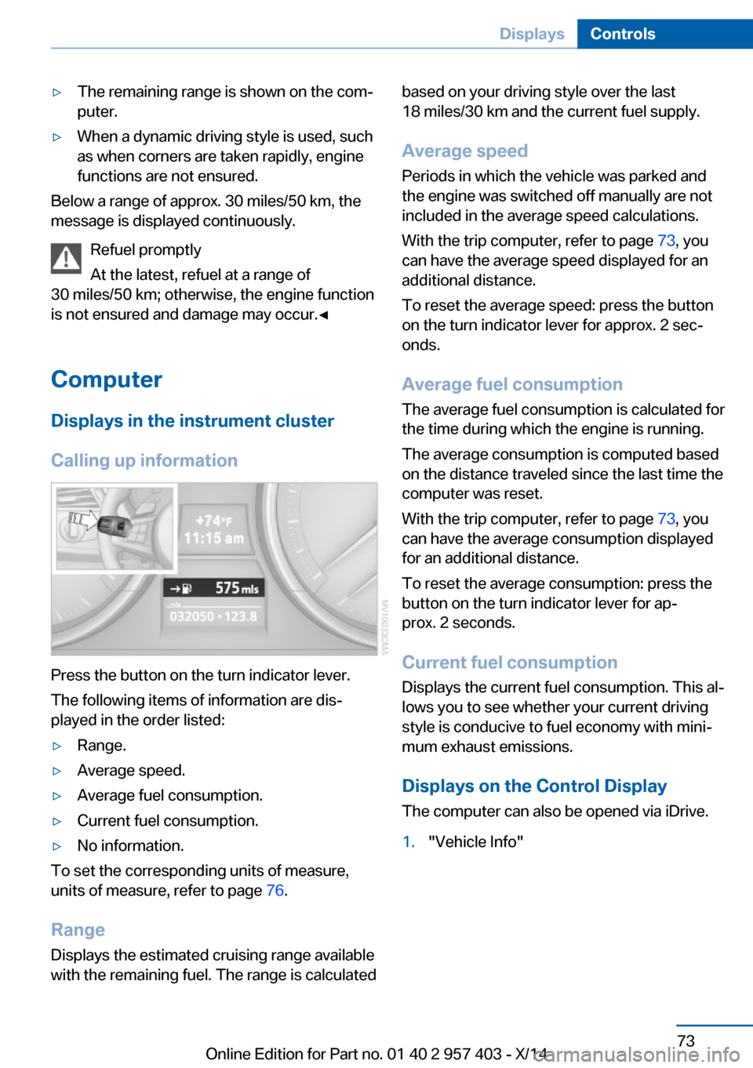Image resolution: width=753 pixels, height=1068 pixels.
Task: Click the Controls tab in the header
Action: tap(622, 34)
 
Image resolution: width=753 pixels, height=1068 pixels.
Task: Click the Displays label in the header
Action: tap(532, 34)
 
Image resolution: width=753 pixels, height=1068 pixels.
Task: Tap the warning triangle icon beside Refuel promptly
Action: tap(67, 258)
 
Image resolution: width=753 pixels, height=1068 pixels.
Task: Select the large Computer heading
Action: tap(107, 380)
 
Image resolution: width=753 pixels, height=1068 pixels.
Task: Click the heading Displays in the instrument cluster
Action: tap(192, 421)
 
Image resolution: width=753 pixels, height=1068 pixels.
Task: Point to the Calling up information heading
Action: tap(144, 460)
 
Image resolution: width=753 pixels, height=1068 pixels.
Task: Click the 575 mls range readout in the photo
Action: tap(236, 588)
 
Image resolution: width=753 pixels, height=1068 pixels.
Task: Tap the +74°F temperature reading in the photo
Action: tap(213, 521)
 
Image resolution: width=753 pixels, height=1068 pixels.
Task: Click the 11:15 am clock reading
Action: tap(213, 539)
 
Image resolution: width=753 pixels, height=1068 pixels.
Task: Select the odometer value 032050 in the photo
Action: tap(191, 616)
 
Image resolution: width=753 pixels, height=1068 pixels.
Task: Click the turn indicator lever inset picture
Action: tap(115, 527)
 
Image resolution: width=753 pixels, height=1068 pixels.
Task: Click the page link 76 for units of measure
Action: tap(275, 891)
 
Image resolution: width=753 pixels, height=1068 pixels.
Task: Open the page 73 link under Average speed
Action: tap(666, 241)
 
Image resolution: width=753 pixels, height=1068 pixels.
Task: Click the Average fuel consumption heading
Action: tap(512, 384)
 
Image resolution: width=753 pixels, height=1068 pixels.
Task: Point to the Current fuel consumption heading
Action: tap(509, 663)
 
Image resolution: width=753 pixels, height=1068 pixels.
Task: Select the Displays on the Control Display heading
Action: tap(534, 786)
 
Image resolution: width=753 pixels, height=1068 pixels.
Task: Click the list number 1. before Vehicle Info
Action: tap(408, 842)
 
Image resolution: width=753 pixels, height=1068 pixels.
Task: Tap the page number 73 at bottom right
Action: tap(686, 1041)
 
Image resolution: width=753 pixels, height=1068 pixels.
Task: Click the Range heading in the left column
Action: tap(78, 930)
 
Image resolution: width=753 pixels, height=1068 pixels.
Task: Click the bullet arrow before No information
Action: tap(56, 846)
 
